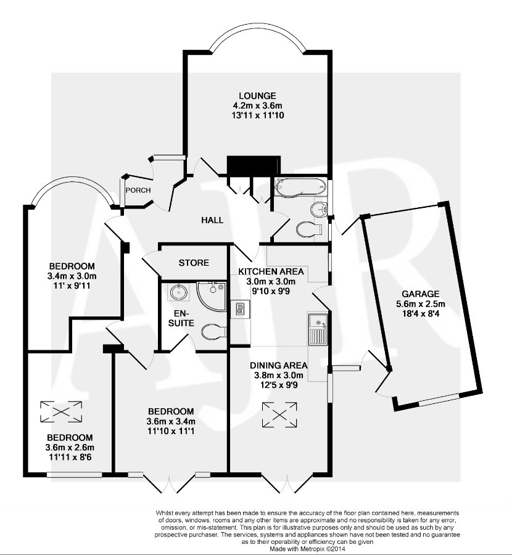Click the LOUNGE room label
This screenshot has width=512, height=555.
(257, 96)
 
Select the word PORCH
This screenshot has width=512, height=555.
(138, 190)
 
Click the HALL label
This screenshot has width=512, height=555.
(212, 220)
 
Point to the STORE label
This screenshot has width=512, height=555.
(194, 263)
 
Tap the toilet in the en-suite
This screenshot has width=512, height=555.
(212, 331)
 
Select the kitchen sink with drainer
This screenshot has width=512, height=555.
(317, 329)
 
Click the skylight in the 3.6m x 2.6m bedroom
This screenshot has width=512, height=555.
(61, 411)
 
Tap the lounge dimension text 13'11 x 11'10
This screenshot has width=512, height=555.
(257, 115)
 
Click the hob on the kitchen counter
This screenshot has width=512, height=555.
(239, 308)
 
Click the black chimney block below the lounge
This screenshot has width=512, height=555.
(250, 165)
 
